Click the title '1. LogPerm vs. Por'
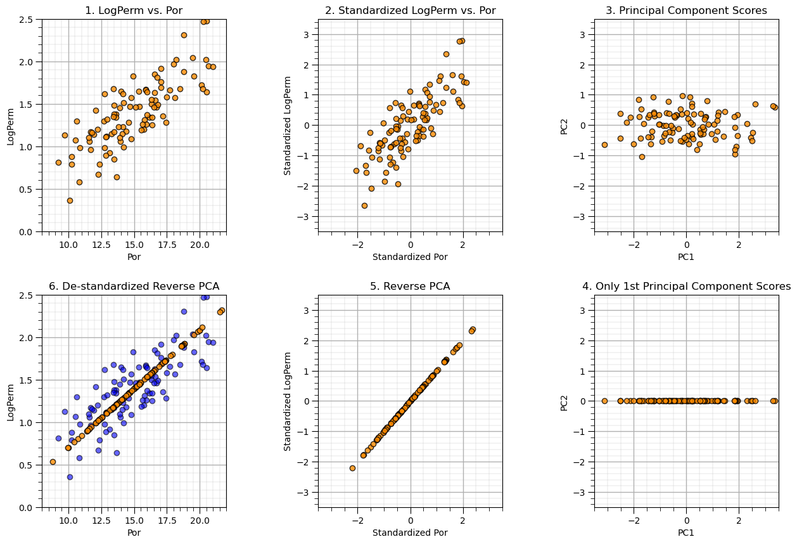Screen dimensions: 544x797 point(134,10)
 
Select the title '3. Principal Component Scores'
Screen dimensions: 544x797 point(686,10)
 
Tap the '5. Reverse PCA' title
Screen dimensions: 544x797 point(410,286)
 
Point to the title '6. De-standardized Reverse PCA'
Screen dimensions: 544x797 point(134,286)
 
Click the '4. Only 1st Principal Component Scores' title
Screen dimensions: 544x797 point(686,286)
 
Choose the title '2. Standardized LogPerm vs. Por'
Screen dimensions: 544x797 point(410,10)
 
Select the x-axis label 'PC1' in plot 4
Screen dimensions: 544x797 point(686,533)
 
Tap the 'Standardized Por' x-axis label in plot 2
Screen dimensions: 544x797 point(410,257)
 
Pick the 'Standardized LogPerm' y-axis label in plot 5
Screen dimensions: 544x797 point(288,401)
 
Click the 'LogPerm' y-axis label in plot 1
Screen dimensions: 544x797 point(11,126)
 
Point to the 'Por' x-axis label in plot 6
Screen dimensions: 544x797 point(134,533)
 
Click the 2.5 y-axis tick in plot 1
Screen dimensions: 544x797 point(27,20)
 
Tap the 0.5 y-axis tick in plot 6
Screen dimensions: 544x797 point(27,465)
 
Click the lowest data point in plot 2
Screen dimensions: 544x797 point(364,205)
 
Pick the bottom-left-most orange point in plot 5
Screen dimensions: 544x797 point(352,468)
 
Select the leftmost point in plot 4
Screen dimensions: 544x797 point(604,401)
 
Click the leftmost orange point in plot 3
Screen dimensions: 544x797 point(604,145)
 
